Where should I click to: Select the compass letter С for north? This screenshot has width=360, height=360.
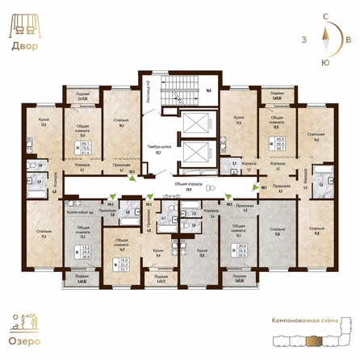324,15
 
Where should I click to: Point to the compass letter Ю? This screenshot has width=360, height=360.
324,61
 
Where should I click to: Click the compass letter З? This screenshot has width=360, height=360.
303,38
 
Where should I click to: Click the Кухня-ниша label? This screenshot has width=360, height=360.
74,211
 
